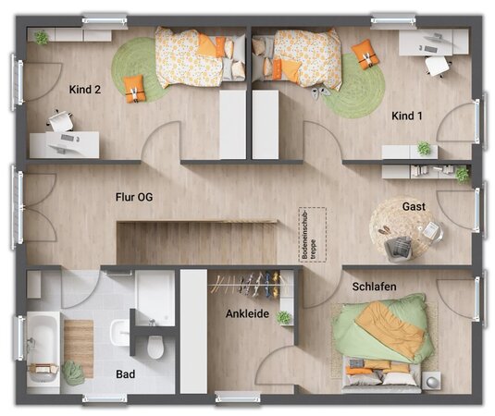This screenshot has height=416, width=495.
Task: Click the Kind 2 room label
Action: tap(85, 90)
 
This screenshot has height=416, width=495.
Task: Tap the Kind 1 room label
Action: tap(406, 116)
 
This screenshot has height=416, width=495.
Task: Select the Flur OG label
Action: tap(134, 197)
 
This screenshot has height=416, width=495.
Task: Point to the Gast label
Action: tap(414, 206)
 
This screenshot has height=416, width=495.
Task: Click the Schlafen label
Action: tap(374, 287)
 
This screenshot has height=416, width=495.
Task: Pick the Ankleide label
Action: tap(248, 313)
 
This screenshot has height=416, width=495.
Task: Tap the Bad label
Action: tap(125, 374)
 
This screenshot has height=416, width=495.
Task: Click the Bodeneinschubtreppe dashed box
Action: tap(313, 235)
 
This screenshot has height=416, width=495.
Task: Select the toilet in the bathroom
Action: tap(155, 347)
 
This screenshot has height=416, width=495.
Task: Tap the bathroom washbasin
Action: tap(119, 333)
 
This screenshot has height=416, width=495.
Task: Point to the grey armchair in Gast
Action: tap(399, 249)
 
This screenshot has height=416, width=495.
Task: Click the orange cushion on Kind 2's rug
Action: tap(135, 89)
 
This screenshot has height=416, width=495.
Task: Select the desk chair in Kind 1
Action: tap(438, 66)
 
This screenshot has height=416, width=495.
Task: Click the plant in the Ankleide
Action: tap(283, 317)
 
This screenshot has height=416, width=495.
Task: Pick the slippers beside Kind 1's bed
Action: tap(321, 92)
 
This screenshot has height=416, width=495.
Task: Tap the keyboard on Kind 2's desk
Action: tap(68, 138)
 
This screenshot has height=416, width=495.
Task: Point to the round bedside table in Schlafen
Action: tap(431, 381)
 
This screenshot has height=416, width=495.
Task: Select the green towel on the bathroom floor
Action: tap(73, 373)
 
